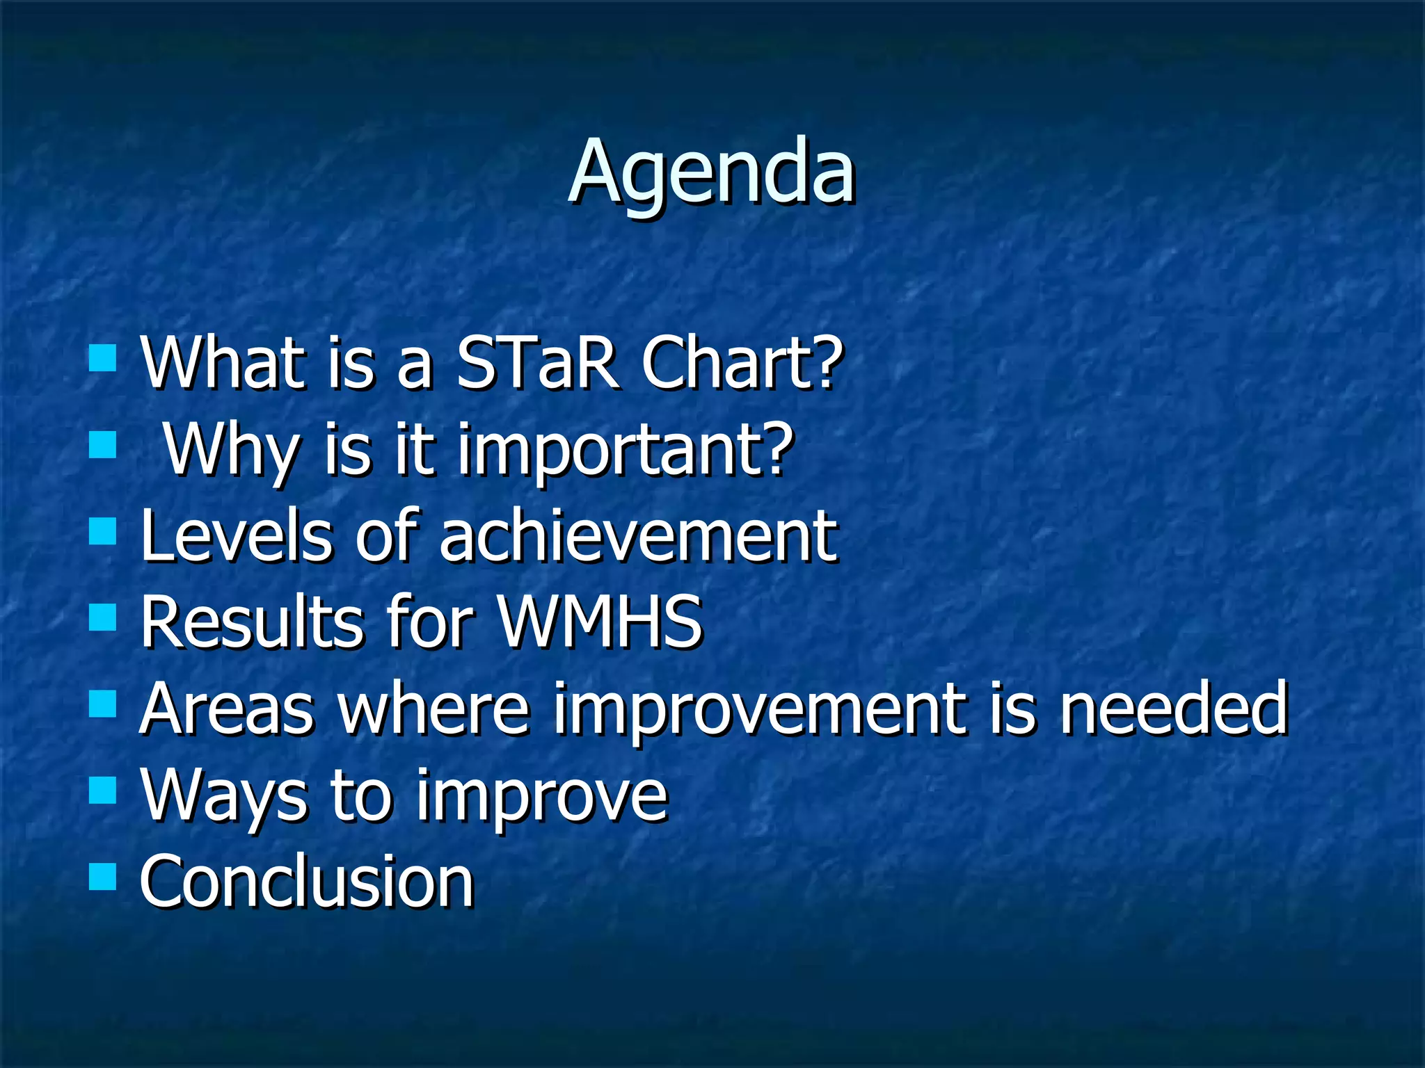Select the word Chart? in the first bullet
tap(740, 364)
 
